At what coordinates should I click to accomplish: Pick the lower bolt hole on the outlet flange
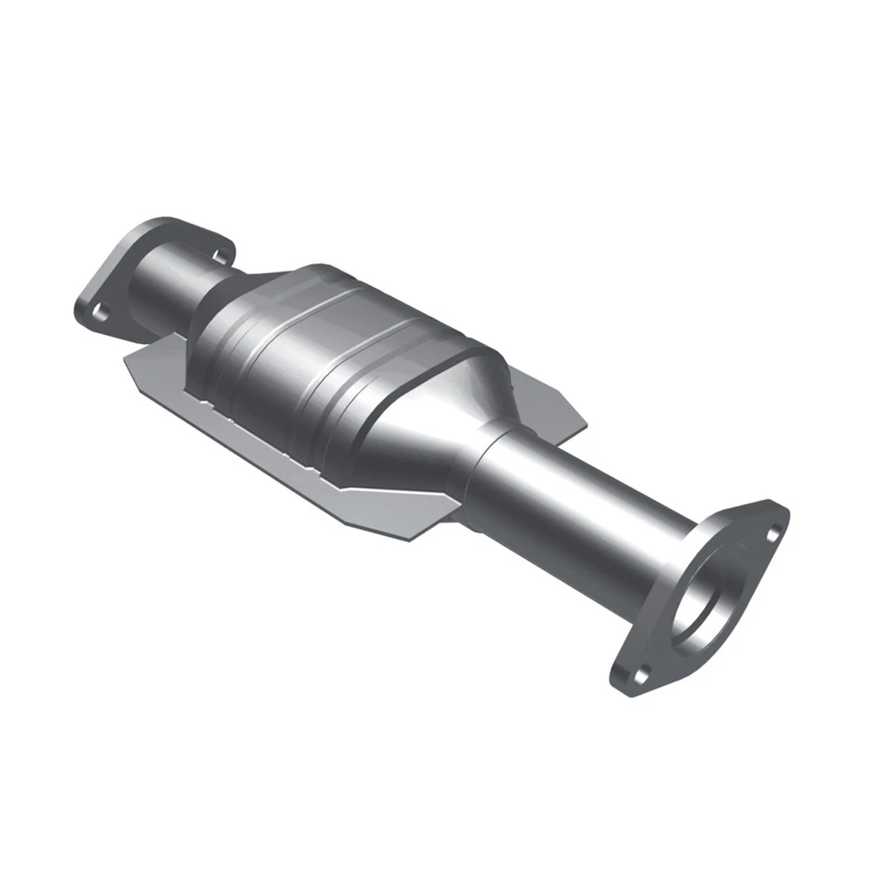click(x=641, y=673)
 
